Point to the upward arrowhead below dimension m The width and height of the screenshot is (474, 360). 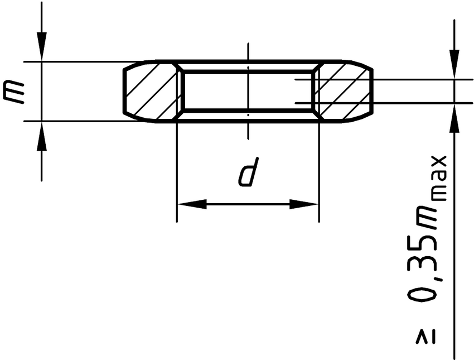tap(41, 136)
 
